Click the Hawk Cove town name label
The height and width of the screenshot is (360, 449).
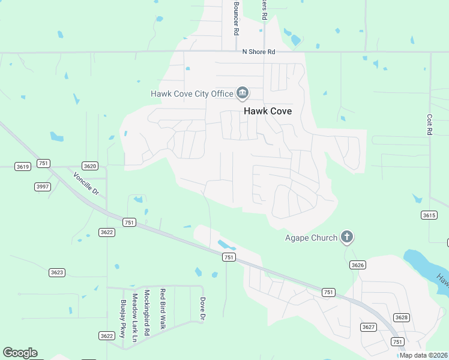click(x=267, y=111)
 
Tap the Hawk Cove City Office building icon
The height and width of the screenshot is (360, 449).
click(x=243, y=93)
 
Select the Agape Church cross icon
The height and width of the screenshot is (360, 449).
click(x=346, y=237)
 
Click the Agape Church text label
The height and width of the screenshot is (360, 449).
click(x=311, y=238)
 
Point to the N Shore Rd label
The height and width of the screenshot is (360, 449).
click(x=258, y=52)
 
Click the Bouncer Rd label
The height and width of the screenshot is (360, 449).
click(x=237, y=17)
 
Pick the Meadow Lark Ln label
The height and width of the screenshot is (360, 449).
click(x=135, y=314)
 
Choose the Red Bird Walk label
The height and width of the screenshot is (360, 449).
click(x=162, y=309)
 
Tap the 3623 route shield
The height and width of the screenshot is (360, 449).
click(x=56, y=272)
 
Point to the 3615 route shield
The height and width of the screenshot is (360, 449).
click(x=429, y=215)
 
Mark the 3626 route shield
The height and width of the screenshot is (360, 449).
click(x=358, y=265)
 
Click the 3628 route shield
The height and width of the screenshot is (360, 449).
click(x=400, y=317)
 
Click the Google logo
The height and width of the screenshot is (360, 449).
click(x=20, y=353)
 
